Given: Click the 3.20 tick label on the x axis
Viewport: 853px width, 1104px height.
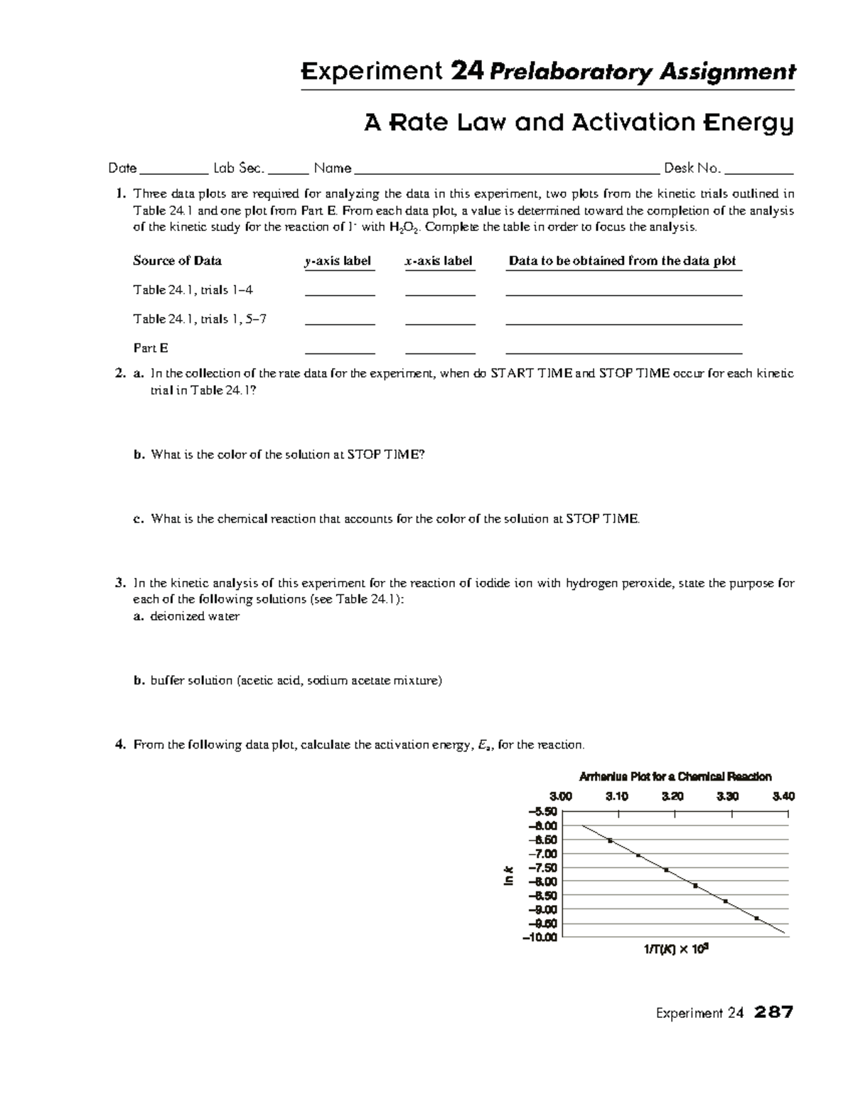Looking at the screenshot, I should pos(672,797).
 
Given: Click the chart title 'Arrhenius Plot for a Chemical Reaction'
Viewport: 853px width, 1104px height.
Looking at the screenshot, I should pos(675,777).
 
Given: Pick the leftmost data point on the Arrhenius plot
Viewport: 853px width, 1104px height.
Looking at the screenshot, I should pos(610,841).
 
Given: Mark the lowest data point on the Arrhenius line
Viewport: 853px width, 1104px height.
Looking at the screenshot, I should pos(756,918).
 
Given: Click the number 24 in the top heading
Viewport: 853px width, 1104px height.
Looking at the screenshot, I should pos(467,72).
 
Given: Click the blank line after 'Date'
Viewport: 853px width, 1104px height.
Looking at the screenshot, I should pos(173,171).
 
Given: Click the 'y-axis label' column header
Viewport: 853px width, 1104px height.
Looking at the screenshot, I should pos(338,261).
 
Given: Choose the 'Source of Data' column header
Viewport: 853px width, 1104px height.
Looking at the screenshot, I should pos(177,261).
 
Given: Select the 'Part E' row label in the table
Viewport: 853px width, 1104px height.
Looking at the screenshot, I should pos(151,348).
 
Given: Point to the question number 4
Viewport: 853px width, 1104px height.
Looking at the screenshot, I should pos(120,745).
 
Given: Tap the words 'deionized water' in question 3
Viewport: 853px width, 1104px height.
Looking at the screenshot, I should pos(195,616).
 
